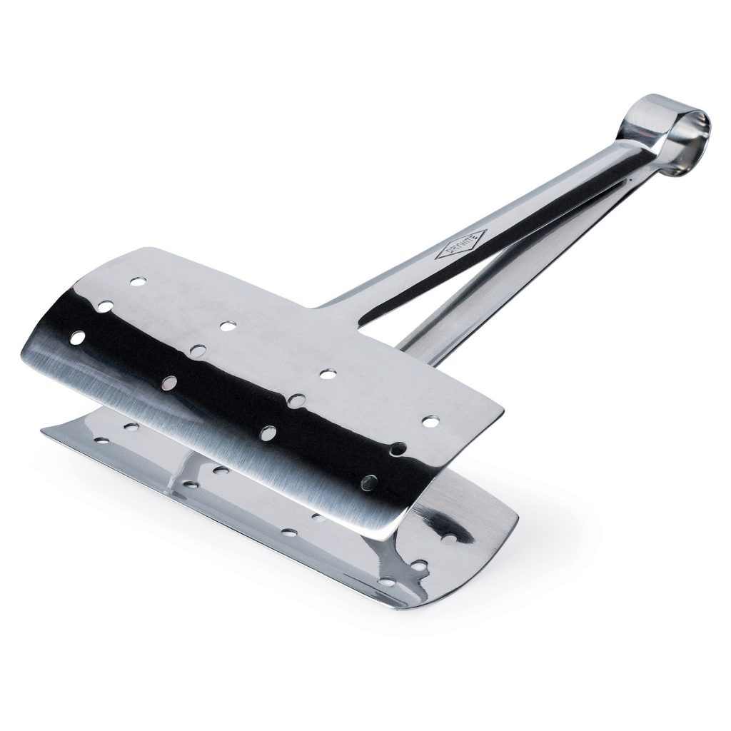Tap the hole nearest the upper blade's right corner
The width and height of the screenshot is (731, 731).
(430, 422)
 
